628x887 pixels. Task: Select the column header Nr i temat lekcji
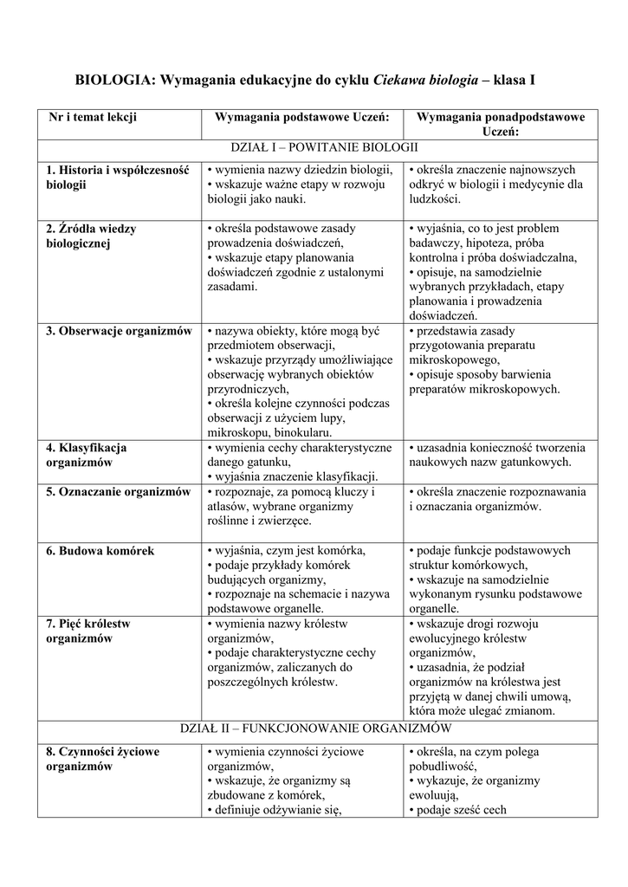(x=93, y=117)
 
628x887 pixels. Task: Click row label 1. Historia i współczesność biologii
(x=117, y=178)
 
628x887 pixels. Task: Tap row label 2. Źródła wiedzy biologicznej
(x=91, y=236)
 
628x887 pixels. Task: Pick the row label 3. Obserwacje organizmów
(x=119, y=331)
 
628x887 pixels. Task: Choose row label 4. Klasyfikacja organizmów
(x=87, y=455)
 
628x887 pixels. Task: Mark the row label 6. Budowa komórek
(x=100, y=551)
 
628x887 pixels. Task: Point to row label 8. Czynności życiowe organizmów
(x=102, y=759)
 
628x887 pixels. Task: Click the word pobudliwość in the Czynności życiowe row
(x=442, y=767)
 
